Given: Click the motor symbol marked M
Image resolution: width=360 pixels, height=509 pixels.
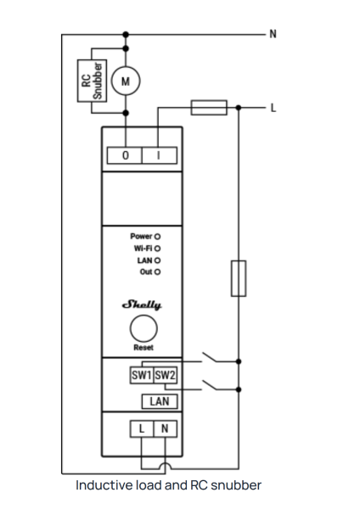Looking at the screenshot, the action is click(x=126, y=81).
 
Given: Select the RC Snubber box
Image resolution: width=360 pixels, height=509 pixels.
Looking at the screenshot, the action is click(x=92, y=81).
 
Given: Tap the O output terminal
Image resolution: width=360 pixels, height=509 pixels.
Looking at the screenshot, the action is click(x=125, y=155).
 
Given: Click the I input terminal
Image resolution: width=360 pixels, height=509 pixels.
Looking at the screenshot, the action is click(x=160, y=155).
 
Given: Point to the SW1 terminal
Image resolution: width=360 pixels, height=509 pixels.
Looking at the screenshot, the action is click(x=142, y=375).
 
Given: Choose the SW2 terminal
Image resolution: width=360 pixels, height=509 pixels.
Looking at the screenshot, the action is click(x=165, y=375).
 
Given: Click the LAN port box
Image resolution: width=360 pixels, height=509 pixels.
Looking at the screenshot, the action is click(x=160, y=401).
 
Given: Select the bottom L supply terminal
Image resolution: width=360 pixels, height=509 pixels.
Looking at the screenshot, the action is click(x=142, y=428).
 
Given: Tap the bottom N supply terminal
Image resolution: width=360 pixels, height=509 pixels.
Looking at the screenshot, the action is click(x=165, y=428).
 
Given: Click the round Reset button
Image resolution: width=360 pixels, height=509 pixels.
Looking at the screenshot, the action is click(x=143, y=328).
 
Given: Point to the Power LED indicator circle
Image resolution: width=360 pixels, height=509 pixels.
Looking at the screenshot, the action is click(x=158, y=237).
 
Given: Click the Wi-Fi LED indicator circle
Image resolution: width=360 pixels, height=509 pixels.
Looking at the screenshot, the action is click(x=158, y=249).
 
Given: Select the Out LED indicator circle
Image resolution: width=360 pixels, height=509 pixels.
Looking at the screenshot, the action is click(x=158, y=272).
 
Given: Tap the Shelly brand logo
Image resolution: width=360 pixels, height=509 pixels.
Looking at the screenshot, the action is click(x=142, y=305).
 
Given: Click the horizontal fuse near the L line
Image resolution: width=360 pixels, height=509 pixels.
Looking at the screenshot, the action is click(x=209, y=108).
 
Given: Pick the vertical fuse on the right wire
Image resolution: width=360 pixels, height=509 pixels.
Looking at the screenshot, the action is click(x=239, y=278).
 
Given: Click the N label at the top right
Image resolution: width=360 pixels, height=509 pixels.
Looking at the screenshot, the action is click(x=273, y=34).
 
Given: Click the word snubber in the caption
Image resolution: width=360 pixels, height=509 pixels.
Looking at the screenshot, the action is click(x=236, y=485).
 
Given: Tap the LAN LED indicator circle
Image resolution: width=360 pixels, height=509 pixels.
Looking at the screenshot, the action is click(x=158, y=260).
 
